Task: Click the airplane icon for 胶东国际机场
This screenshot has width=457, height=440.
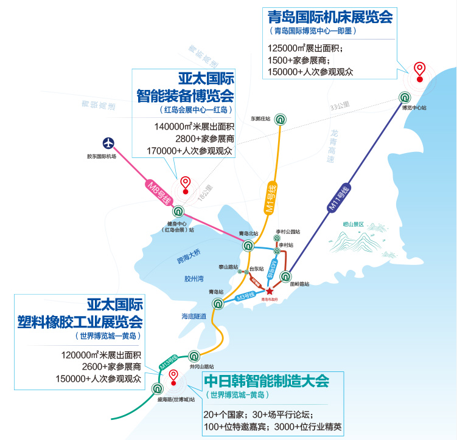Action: click(x=109, y=144)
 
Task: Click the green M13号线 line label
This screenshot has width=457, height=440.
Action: click(x=169, y=363)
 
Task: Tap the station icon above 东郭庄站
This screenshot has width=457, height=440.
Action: click(x=280, y=119)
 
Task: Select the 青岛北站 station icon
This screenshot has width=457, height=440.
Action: click(x=248, y=246)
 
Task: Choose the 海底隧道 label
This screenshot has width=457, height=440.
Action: click(x=194, y=316)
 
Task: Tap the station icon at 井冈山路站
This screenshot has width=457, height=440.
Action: click(x=194, y=356)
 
